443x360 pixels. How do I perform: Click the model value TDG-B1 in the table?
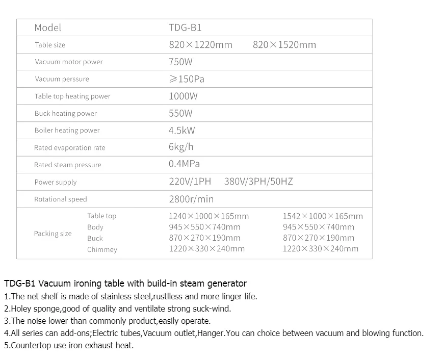coord(185,28)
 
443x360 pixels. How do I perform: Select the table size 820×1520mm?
coord(284,45)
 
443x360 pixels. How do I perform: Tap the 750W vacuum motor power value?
coord(180,62)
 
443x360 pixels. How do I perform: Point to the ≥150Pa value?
coord(187,79)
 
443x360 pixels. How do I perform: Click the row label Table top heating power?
coord(72,96)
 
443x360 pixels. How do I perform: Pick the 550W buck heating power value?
coord(180,113)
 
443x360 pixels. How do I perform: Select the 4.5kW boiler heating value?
coord(181,131)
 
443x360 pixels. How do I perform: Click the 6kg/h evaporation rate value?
coord(181,147)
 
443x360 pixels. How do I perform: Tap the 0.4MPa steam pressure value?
coord(184,164)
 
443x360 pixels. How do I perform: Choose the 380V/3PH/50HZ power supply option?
coord(258,182)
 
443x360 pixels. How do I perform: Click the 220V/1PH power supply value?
coord(190,182)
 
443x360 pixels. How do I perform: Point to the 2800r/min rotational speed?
coord(191,199)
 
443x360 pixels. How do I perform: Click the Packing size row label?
coord(53,234)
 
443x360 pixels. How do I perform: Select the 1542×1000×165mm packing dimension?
coord(323,216)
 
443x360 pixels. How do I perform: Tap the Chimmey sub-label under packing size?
coord(102,250)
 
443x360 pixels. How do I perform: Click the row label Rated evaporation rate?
coord(70,148)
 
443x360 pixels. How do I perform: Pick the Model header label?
coord(47,28)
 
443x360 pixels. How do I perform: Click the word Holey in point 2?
coord(21,308)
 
